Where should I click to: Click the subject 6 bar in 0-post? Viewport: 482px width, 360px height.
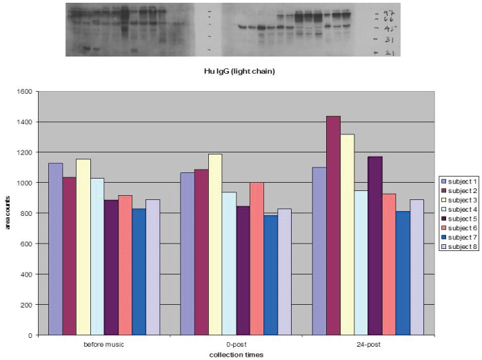(x=257, y=259)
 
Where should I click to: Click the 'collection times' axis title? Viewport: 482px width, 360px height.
(x=237, y=354)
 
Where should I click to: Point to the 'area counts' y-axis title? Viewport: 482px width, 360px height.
(x=10, y=213)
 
